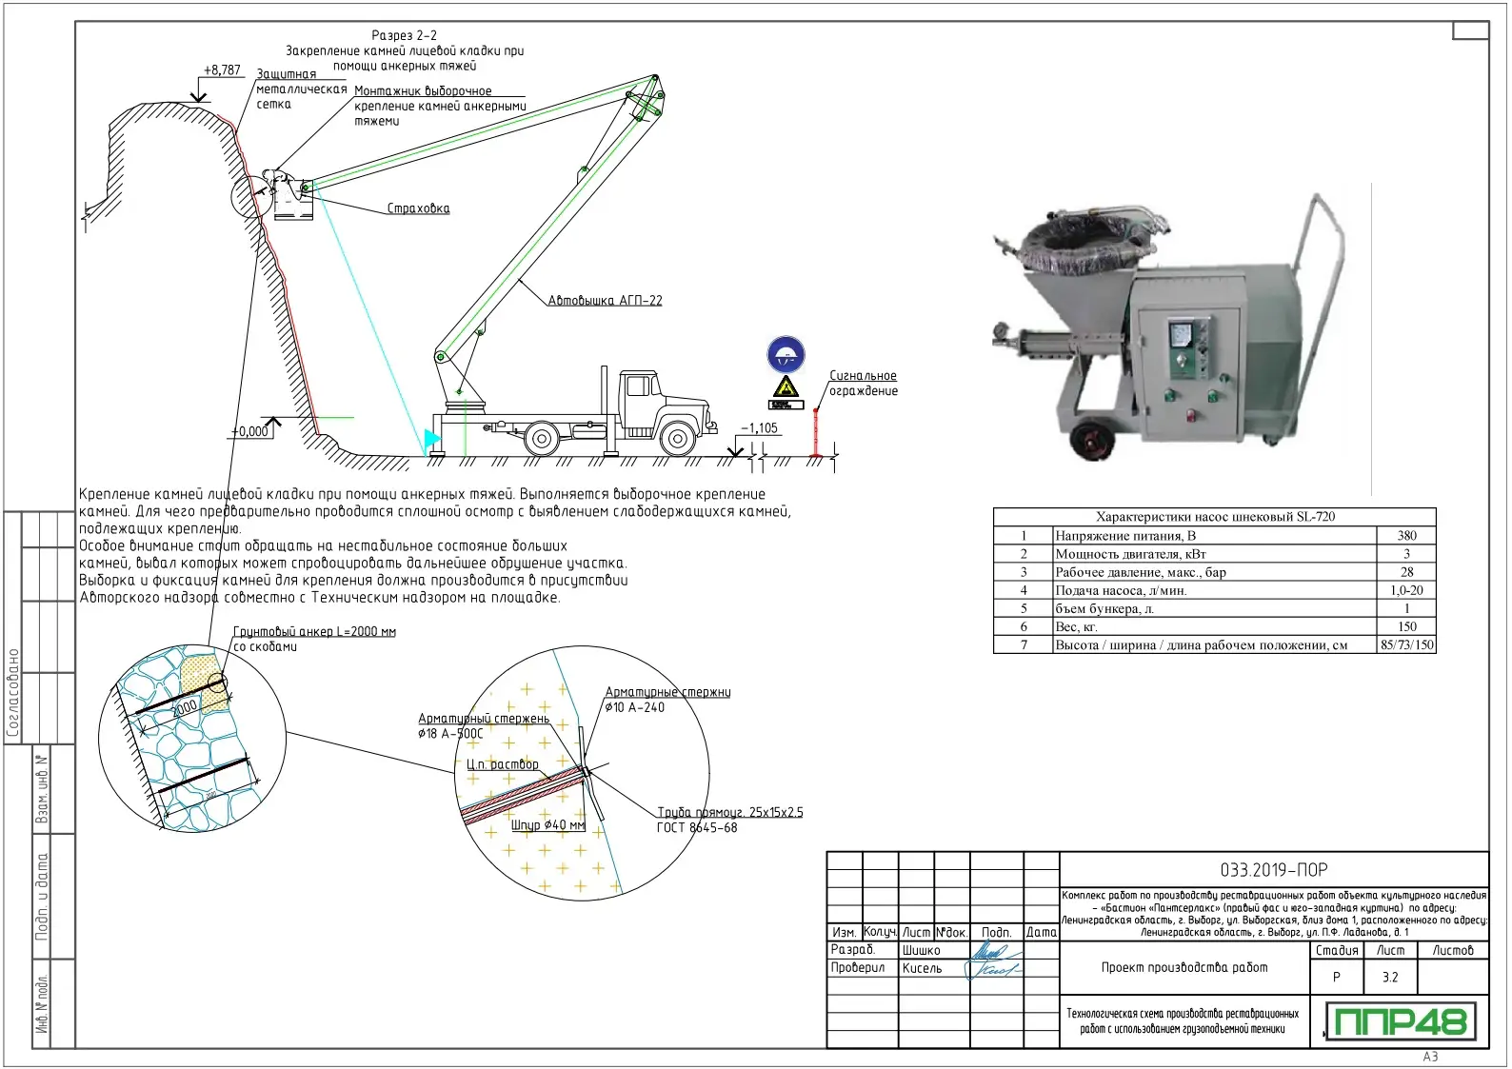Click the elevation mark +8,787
[222, 70]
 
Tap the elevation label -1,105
[760, 428]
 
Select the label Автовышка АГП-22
[605, 301]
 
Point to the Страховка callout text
[418, 208]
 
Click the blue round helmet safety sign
[786, 355]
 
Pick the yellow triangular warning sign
[786, 387]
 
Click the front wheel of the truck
[677, 439]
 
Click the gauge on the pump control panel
[1182, 335]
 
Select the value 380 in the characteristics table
[1406, 536]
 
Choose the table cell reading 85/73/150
[1406, 645]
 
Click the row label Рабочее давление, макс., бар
[1141, 573]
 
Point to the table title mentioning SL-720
[1215, 517]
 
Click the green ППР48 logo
[1401, 1021]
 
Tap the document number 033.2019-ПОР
[1273, 870]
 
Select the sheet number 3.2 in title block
[1390, 978]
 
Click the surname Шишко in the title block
[921, 950]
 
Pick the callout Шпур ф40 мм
[547, 825]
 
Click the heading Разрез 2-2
[404, 35]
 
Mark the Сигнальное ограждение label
[863, 384]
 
